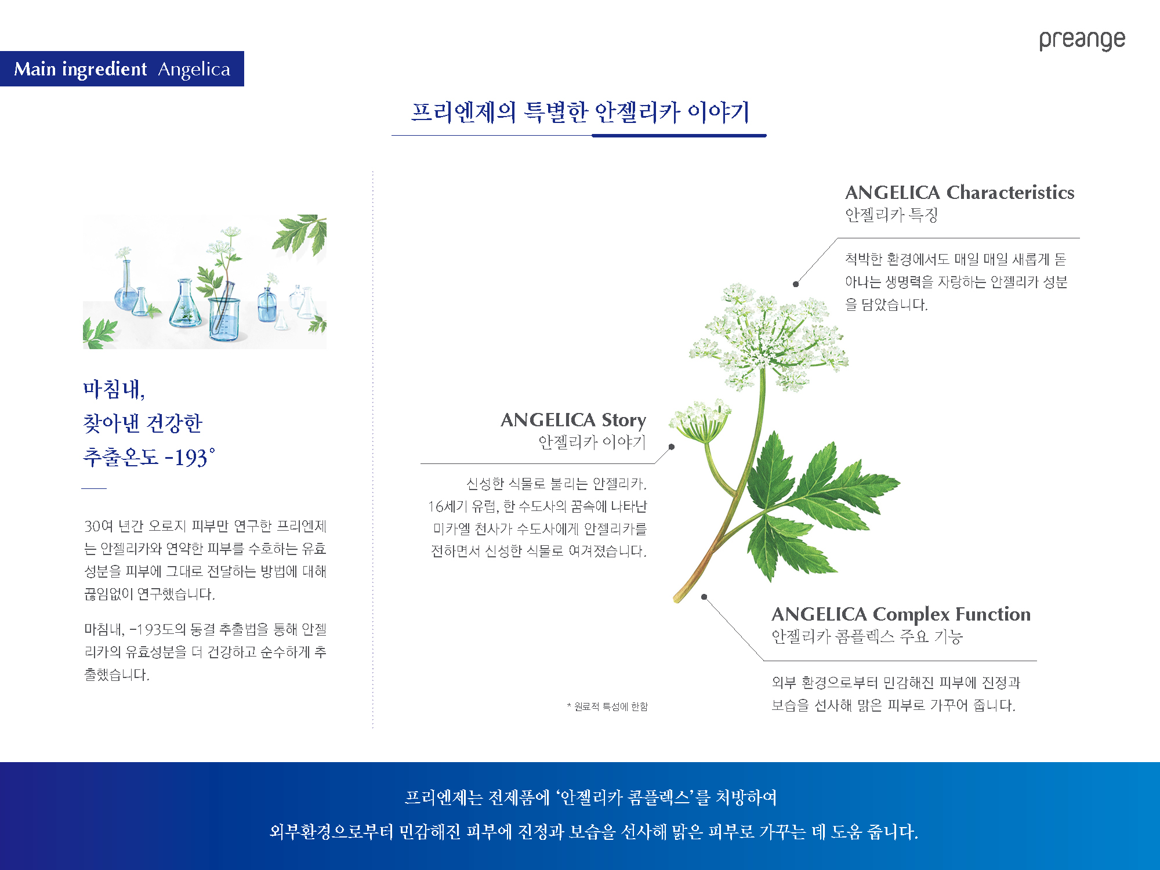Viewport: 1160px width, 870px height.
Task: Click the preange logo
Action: [1082, 40]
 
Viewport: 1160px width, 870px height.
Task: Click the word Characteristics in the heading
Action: [1010, 192]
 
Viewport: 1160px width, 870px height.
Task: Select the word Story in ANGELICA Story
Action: [624, 420]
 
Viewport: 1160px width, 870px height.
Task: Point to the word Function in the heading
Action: [993, 614]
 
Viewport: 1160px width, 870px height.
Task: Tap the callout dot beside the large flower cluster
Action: [796, 284]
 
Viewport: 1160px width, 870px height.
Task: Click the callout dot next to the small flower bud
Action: [672, 447]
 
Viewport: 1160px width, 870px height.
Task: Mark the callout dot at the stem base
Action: [704, 597]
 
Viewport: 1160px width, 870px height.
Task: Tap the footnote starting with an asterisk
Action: [607, 706]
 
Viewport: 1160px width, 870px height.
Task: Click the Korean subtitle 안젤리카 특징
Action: [891, 215]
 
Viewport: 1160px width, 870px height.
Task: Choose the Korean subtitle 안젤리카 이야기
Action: [592, 443]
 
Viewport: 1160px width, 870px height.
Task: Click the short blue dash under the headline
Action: [94, 488]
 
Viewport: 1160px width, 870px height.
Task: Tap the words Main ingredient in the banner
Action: [81, 70]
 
